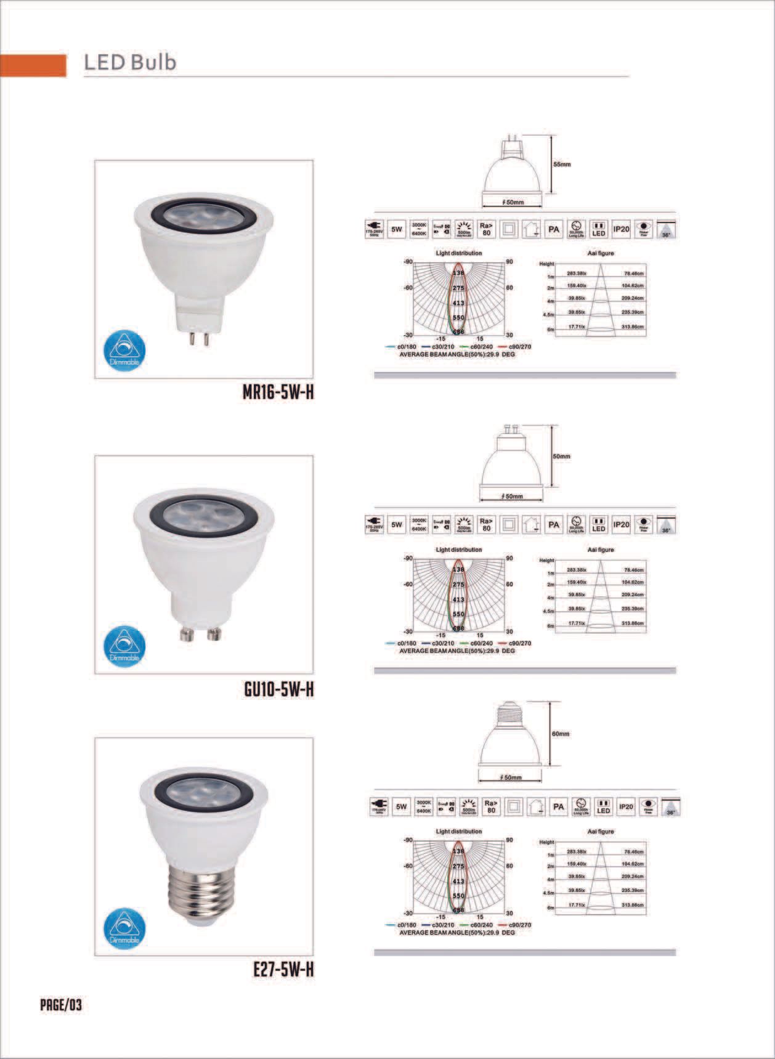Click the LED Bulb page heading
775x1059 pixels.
point(130,62)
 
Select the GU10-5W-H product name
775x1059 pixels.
point(278,689)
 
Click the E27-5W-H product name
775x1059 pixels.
point(283,969)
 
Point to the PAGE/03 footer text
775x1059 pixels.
point(61,1005)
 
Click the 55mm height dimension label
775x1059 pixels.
point(561,165)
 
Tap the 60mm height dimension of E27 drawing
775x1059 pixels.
point(561,734)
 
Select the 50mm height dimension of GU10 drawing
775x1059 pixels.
point(561,456)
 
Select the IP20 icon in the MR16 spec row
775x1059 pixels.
point(620,230)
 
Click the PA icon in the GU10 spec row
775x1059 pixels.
point(554,524)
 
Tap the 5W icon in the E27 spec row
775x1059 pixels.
point(402,806)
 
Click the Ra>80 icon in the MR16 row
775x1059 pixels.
point(486,230)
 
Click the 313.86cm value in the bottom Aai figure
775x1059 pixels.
point(633,905)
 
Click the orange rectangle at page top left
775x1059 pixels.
point(33,65)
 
